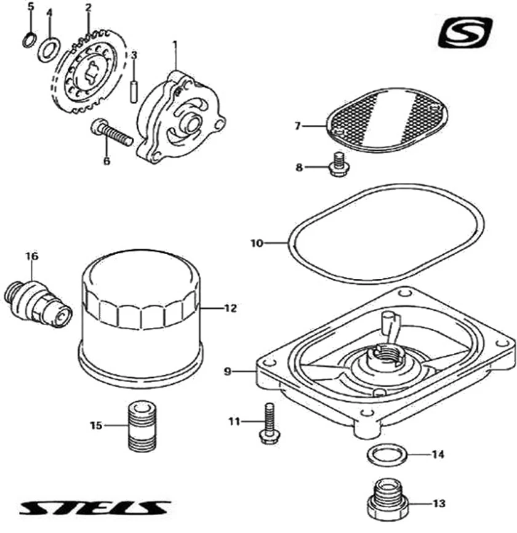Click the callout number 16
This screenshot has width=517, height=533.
click(x=31, y=255)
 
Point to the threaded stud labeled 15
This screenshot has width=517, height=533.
click(x=143, y=425)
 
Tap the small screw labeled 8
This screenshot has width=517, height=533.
click(x=337, y=164)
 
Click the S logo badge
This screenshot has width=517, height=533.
click(x=465, y=33)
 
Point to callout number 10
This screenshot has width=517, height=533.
click(x=257, y=243)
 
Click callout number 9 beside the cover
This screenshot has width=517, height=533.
click(x=227, y=372)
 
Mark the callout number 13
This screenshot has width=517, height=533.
click(x=439, y=503)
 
